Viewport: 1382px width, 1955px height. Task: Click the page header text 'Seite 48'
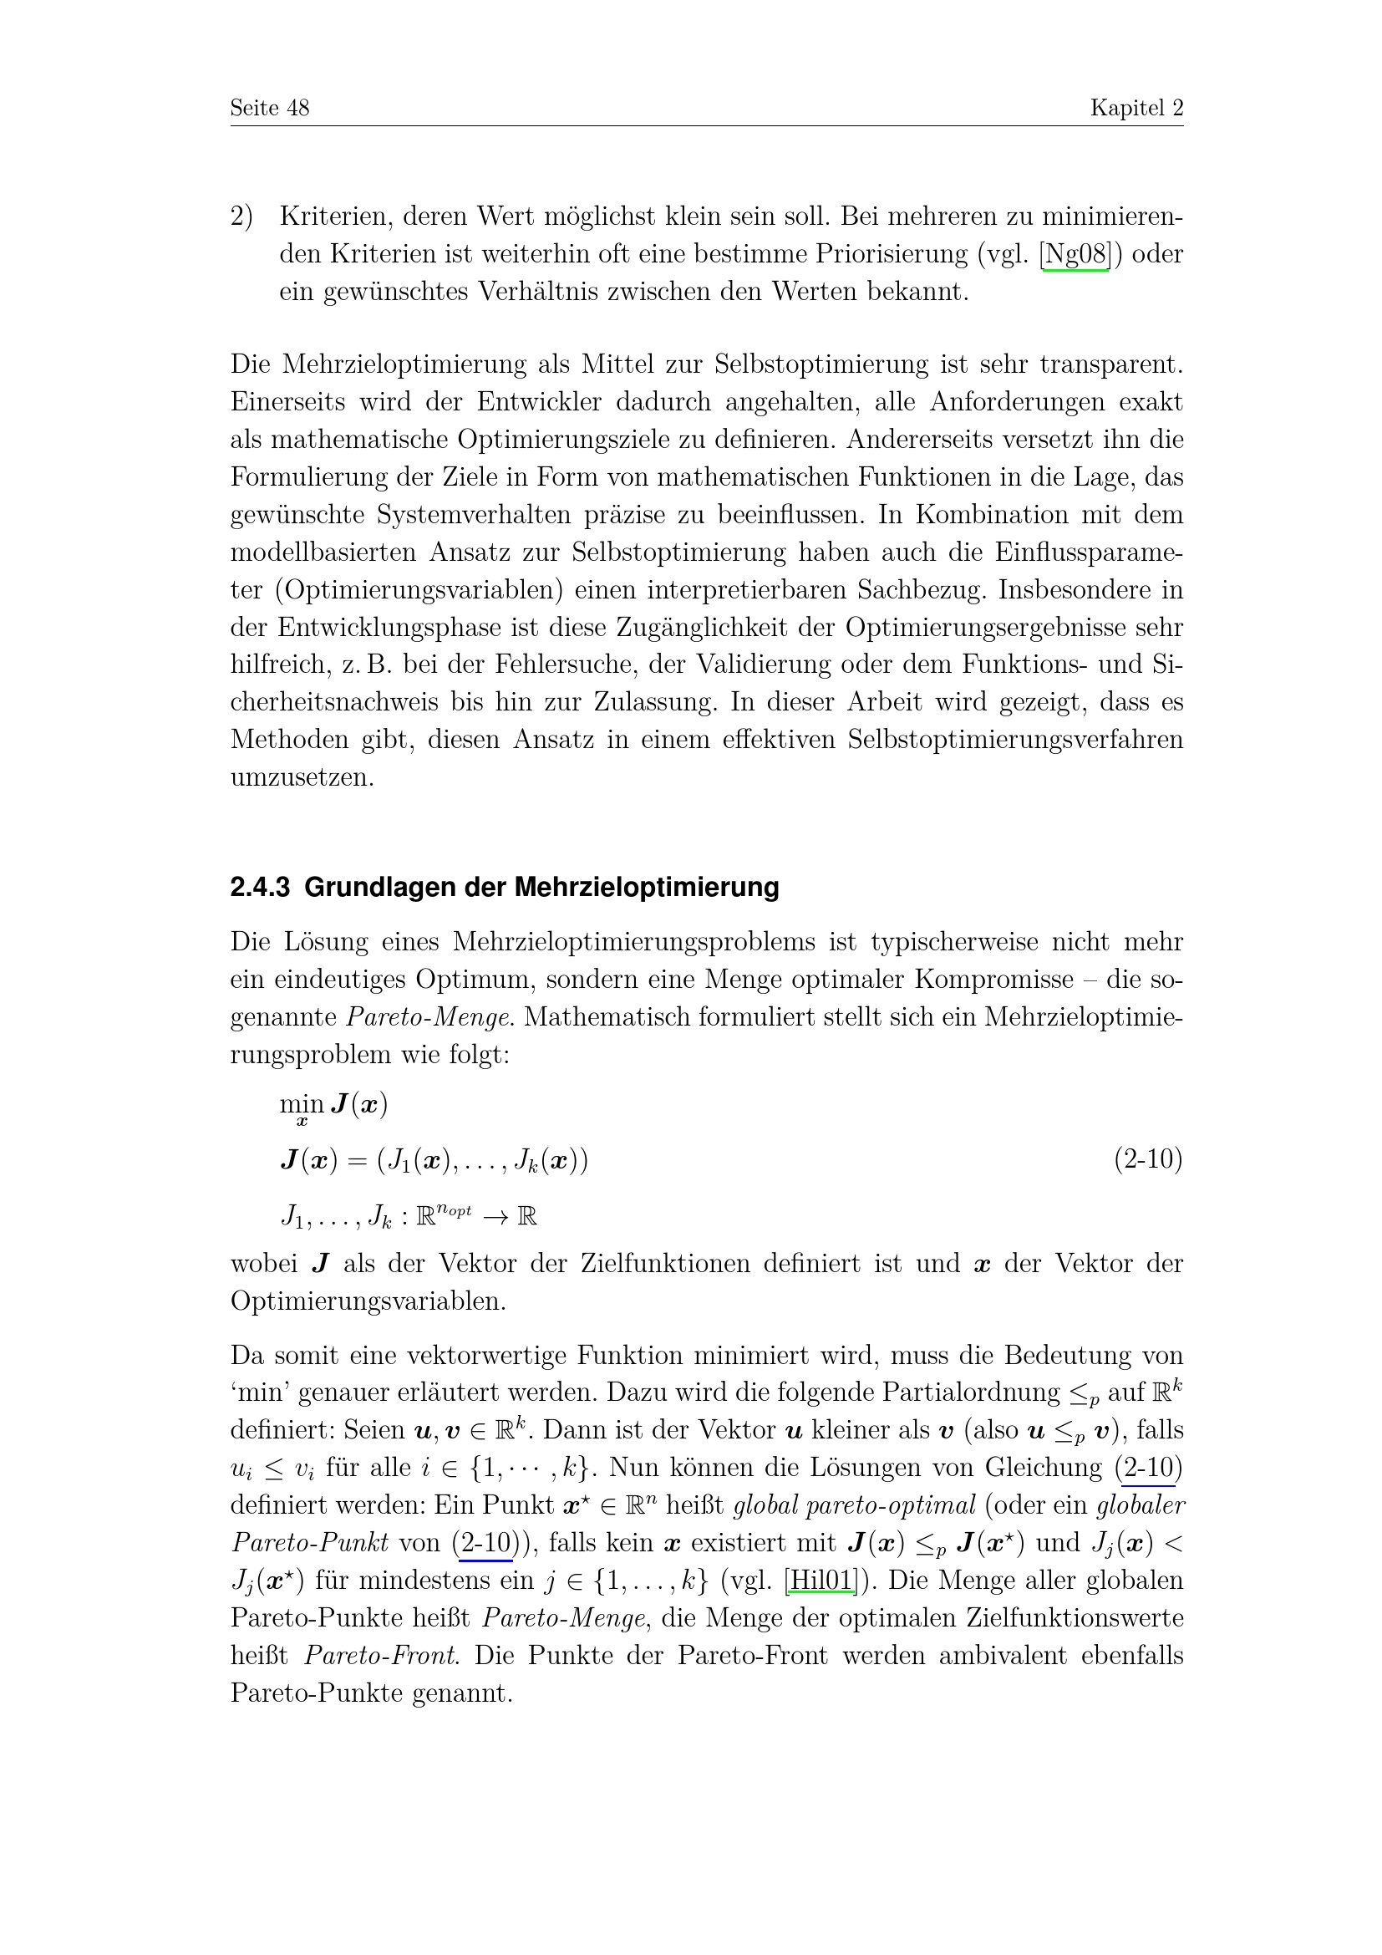pos(270,108)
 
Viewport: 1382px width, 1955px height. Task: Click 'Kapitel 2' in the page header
pos(1136,108)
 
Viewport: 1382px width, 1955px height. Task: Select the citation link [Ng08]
pos(1075,255)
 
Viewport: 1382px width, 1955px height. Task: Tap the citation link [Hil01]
pos(821,1581)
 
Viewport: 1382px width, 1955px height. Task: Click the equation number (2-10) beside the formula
pos(1148,1160)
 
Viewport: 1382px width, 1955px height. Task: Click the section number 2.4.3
pos(260,888)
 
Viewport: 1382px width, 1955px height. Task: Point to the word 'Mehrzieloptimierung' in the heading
pos(646,888)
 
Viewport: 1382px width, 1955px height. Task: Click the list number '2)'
pos(241,217)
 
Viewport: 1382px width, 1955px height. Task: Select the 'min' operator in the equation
pos(302,1105)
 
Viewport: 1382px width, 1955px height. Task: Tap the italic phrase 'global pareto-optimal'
pos(854,1505)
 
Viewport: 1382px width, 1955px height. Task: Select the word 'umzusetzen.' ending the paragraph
pos(302,777)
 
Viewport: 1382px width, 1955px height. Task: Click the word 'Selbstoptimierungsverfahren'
pos(1014,740)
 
